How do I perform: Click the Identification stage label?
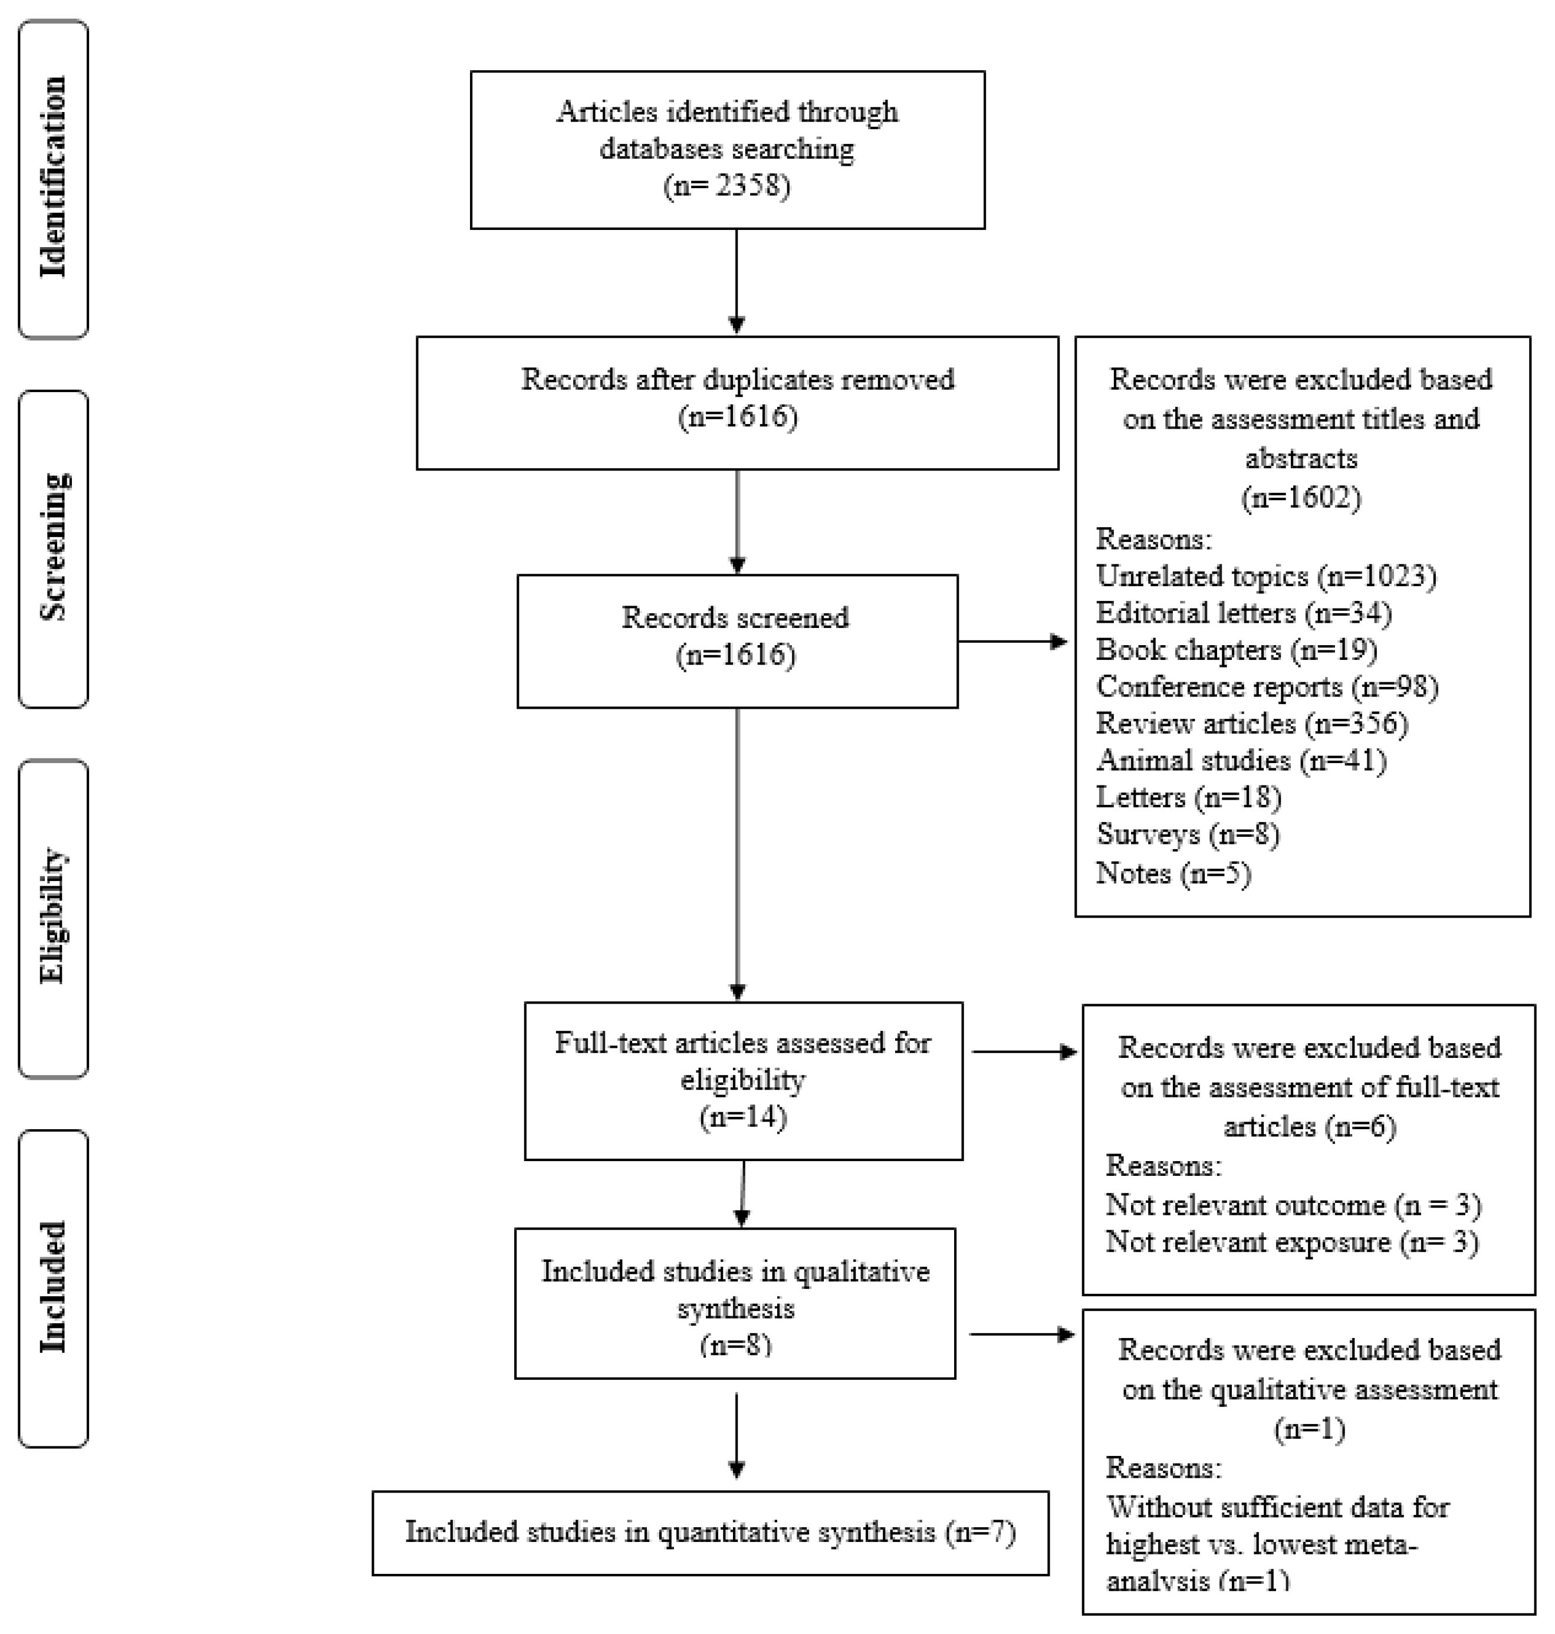point(53,178)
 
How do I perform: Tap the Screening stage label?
point(53,548)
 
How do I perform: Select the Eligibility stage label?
point(53,917)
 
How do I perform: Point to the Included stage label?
point(53,1287)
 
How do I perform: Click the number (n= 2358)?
point(727,186)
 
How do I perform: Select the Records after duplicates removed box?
point(737,402)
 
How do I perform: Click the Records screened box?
point(737,641)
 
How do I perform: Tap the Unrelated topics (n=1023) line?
point(1265,576)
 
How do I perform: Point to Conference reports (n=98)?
point(1267,686)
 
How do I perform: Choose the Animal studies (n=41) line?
point(1241,760)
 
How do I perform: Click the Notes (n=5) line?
point(1173,873)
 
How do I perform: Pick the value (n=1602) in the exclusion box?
point(1300,498)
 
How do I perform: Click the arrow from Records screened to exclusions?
point(1013,641)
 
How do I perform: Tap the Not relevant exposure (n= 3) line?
point(1291,1242)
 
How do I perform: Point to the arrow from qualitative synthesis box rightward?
point(1022,1334)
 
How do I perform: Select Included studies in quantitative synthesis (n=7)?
point(711,1532)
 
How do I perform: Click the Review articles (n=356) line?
point(1252,724)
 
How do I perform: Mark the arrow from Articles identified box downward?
point(736,282)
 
